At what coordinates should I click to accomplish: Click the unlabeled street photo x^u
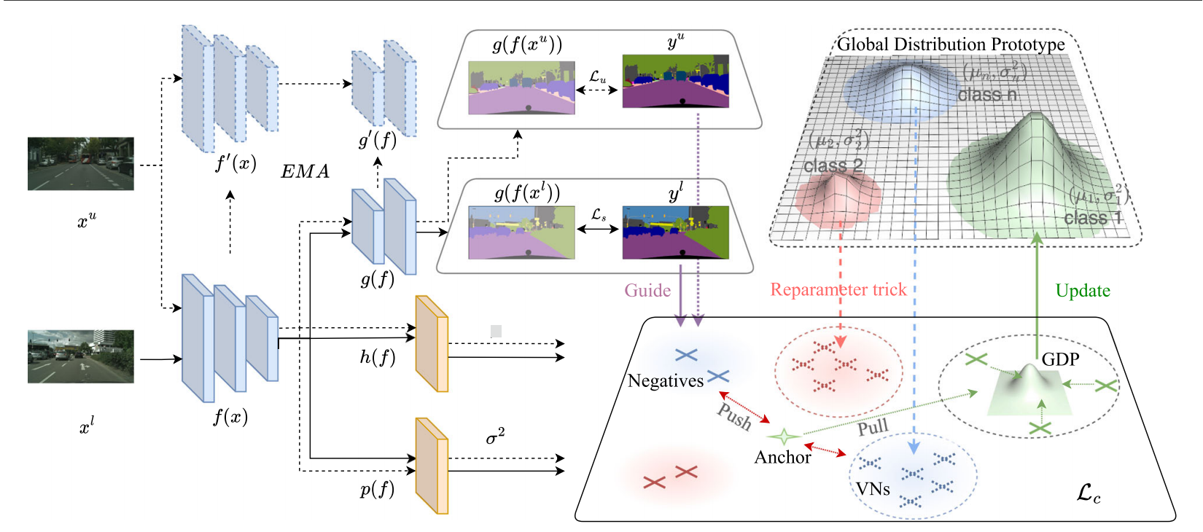[x=81, y=164]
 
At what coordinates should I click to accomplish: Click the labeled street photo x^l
[x=81, y=356]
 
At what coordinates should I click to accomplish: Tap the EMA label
[x=305, y=171]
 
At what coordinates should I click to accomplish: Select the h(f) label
[x=377, y=356]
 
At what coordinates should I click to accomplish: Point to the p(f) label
[x=377, y=489]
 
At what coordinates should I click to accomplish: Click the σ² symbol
[x=495, y=437]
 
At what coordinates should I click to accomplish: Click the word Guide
[x=647, y=291]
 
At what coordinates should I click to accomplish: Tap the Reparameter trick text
[x=838, y=290]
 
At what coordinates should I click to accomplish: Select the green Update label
[x=1083, y=291]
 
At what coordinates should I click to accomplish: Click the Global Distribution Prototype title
[x=951, y=44]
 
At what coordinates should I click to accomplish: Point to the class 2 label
[x=833, y=166]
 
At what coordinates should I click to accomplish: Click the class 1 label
[x=1093, y=218]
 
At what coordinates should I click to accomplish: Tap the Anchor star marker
[x=784, y=437]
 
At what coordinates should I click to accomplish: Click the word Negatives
[x=666, y=381]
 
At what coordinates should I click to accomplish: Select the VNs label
[x=873, y=489]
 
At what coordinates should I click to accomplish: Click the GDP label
[x=1060, y=359]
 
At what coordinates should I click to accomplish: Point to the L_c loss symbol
[x=1089, y=494]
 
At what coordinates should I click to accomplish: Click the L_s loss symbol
[x=599, y=215]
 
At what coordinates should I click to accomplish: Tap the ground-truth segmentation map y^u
[x=675, y=82]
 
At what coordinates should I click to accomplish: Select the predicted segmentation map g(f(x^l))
[x=521, y=232]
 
